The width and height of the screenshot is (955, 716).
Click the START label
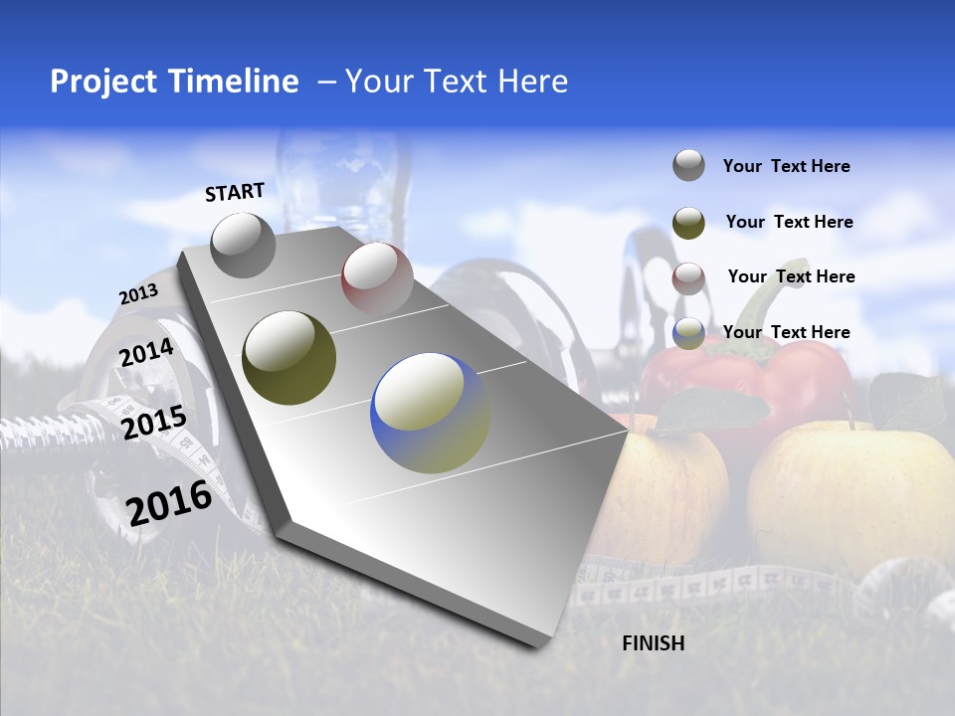[x=235, y=192]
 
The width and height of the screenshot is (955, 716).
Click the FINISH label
[x=654, y=643]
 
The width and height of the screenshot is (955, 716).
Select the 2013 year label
[x=138, y=294]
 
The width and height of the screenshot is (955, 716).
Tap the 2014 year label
[x=146, y=353]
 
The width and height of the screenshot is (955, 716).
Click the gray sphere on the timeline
[x=243, y=245]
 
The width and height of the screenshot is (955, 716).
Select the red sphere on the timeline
[x=377, y=277]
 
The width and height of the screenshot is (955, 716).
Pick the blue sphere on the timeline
[x=430, y=412]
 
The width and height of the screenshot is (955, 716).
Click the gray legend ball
[x=688, y=165]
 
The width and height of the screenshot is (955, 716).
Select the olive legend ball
[x=688, y=223]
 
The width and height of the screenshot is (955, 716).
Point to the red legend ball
[x=688, y=278]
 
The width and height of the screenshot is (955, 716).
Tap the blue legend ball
[x=688, y=333]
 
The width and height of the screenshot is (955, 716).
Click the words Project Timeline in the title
[x=174, y=82]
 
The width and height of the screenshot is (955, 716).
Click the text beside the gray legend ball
[x=786, y=166]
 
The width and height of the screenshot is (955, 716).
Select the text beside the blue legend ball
[x=786, y=332]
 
